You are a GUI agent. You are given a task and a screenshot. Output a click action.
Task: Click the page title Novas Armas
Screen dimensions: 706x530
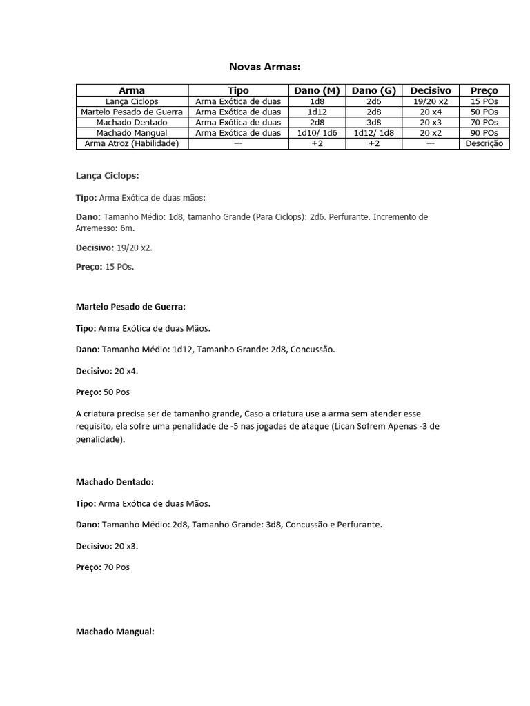point(265,67)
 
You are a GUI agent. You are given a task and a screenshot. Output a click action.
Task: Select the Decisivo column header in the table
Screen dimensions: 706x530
point(430,90)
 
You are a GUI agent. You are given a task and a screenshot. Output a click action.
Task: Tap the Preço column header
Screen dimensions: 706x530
point(484,90)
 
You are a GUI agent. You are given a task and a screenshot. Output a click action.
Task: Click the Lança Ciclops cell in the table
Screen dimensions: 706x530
point(131,101)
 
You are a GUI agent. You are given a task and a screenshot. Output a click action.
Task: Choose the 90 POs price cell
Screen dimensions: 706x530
point(484,133)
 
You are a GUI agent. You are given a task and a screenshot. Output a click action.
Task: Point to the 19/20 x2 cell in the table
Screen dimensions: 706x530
point(430,101)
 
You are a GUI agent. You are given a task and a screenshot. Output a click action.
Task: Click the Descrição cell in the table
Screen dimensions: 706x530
point(484,144)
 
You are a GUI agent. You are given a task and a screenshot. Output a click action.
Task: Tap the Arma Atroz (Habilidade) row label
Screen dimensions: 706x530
point(131,144)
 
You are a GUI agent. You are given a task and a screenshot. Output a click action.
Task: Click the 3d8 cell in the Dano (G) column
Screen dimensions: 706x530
point(374,123)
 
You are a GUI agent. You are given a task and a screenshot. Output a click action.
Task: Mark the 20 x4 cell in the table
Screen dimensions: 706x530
point(430,112)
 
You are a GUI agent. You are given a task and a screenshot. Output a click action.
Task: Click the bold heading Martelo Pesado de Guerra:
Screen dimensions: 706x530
point(130,307)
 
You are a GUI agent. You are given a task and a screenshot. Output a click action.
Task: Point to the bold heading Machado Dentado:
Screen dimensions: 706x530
point(115,482)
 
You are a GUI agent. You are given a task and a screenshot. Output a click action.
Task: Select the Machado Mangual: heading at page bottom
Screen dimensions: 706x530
point(115,632)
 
